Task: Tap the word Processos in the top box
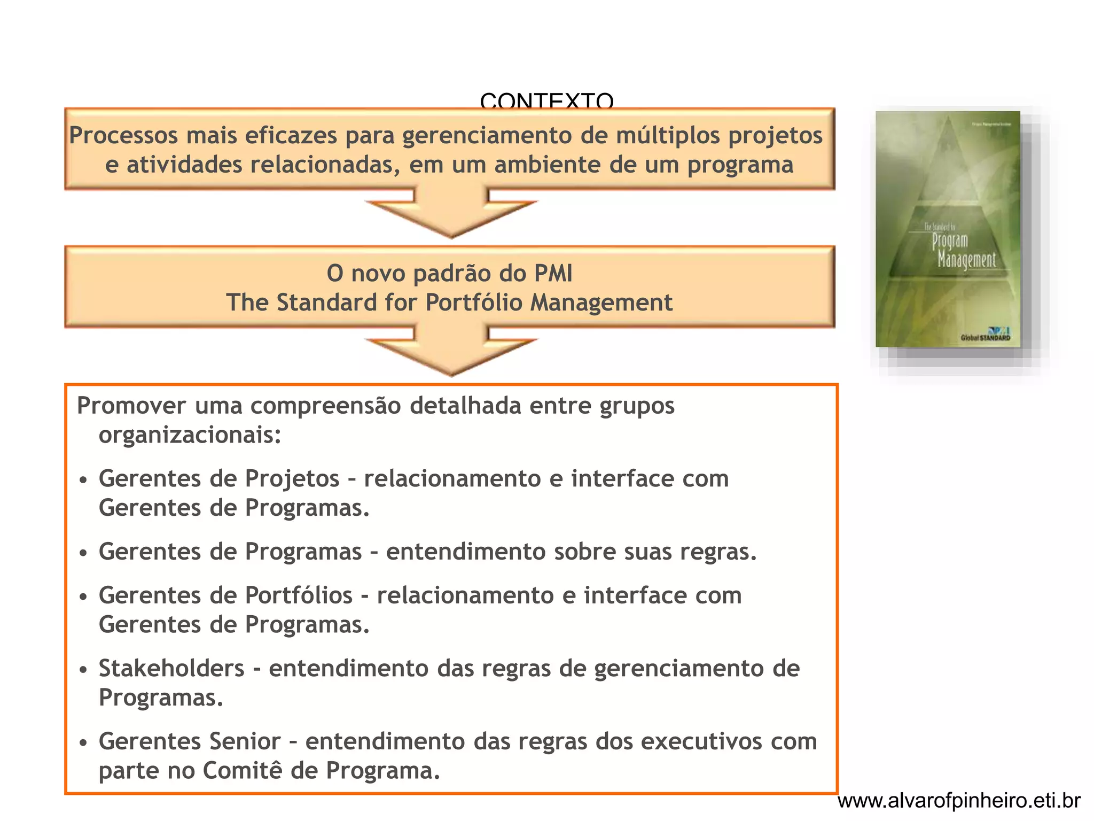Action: coord(123,135)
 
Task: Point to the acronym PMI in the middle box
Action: coord(553,274)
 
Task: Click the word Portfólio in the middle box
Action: coord(474,303)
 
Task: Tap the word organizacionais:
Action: coord(190,435)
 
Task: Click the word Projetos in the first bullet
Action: coord(292,478)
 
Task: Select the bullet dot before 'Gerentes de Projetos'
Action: coord(83,480)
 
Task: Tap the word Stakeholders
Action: coord(171,669)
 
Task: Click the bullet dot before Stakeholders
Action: coord(83,670)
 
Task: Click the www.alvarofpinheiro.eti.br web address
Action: coord(959,801)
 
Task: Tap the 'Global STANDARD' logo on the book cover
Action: coord(986,337)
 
